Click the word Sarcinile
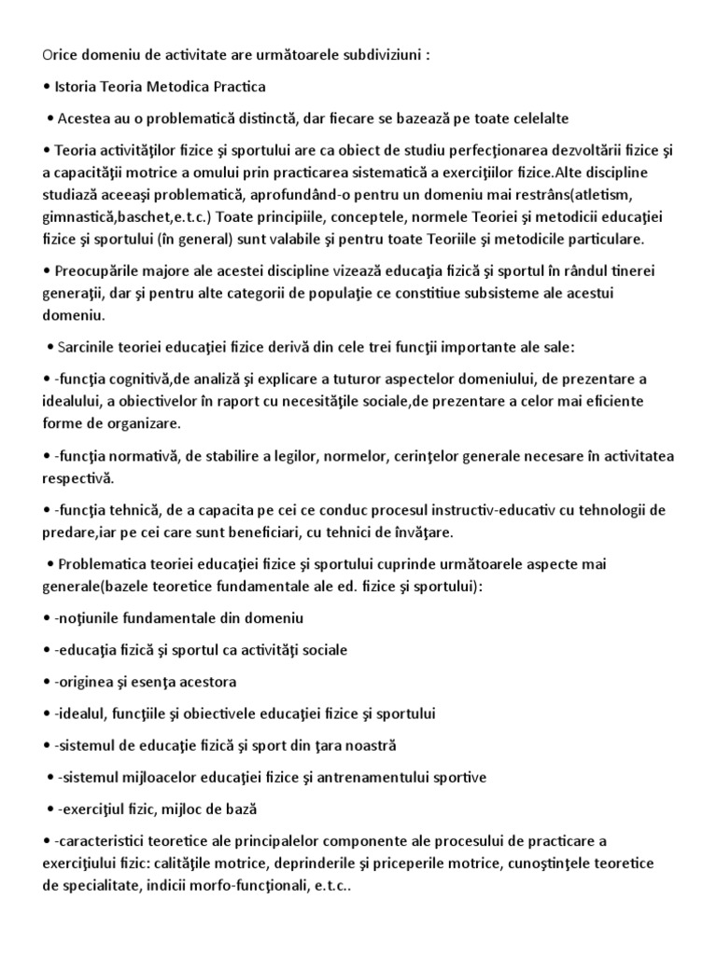89,348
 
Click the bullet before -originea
47,682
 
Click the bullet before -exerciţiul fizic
49,809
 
